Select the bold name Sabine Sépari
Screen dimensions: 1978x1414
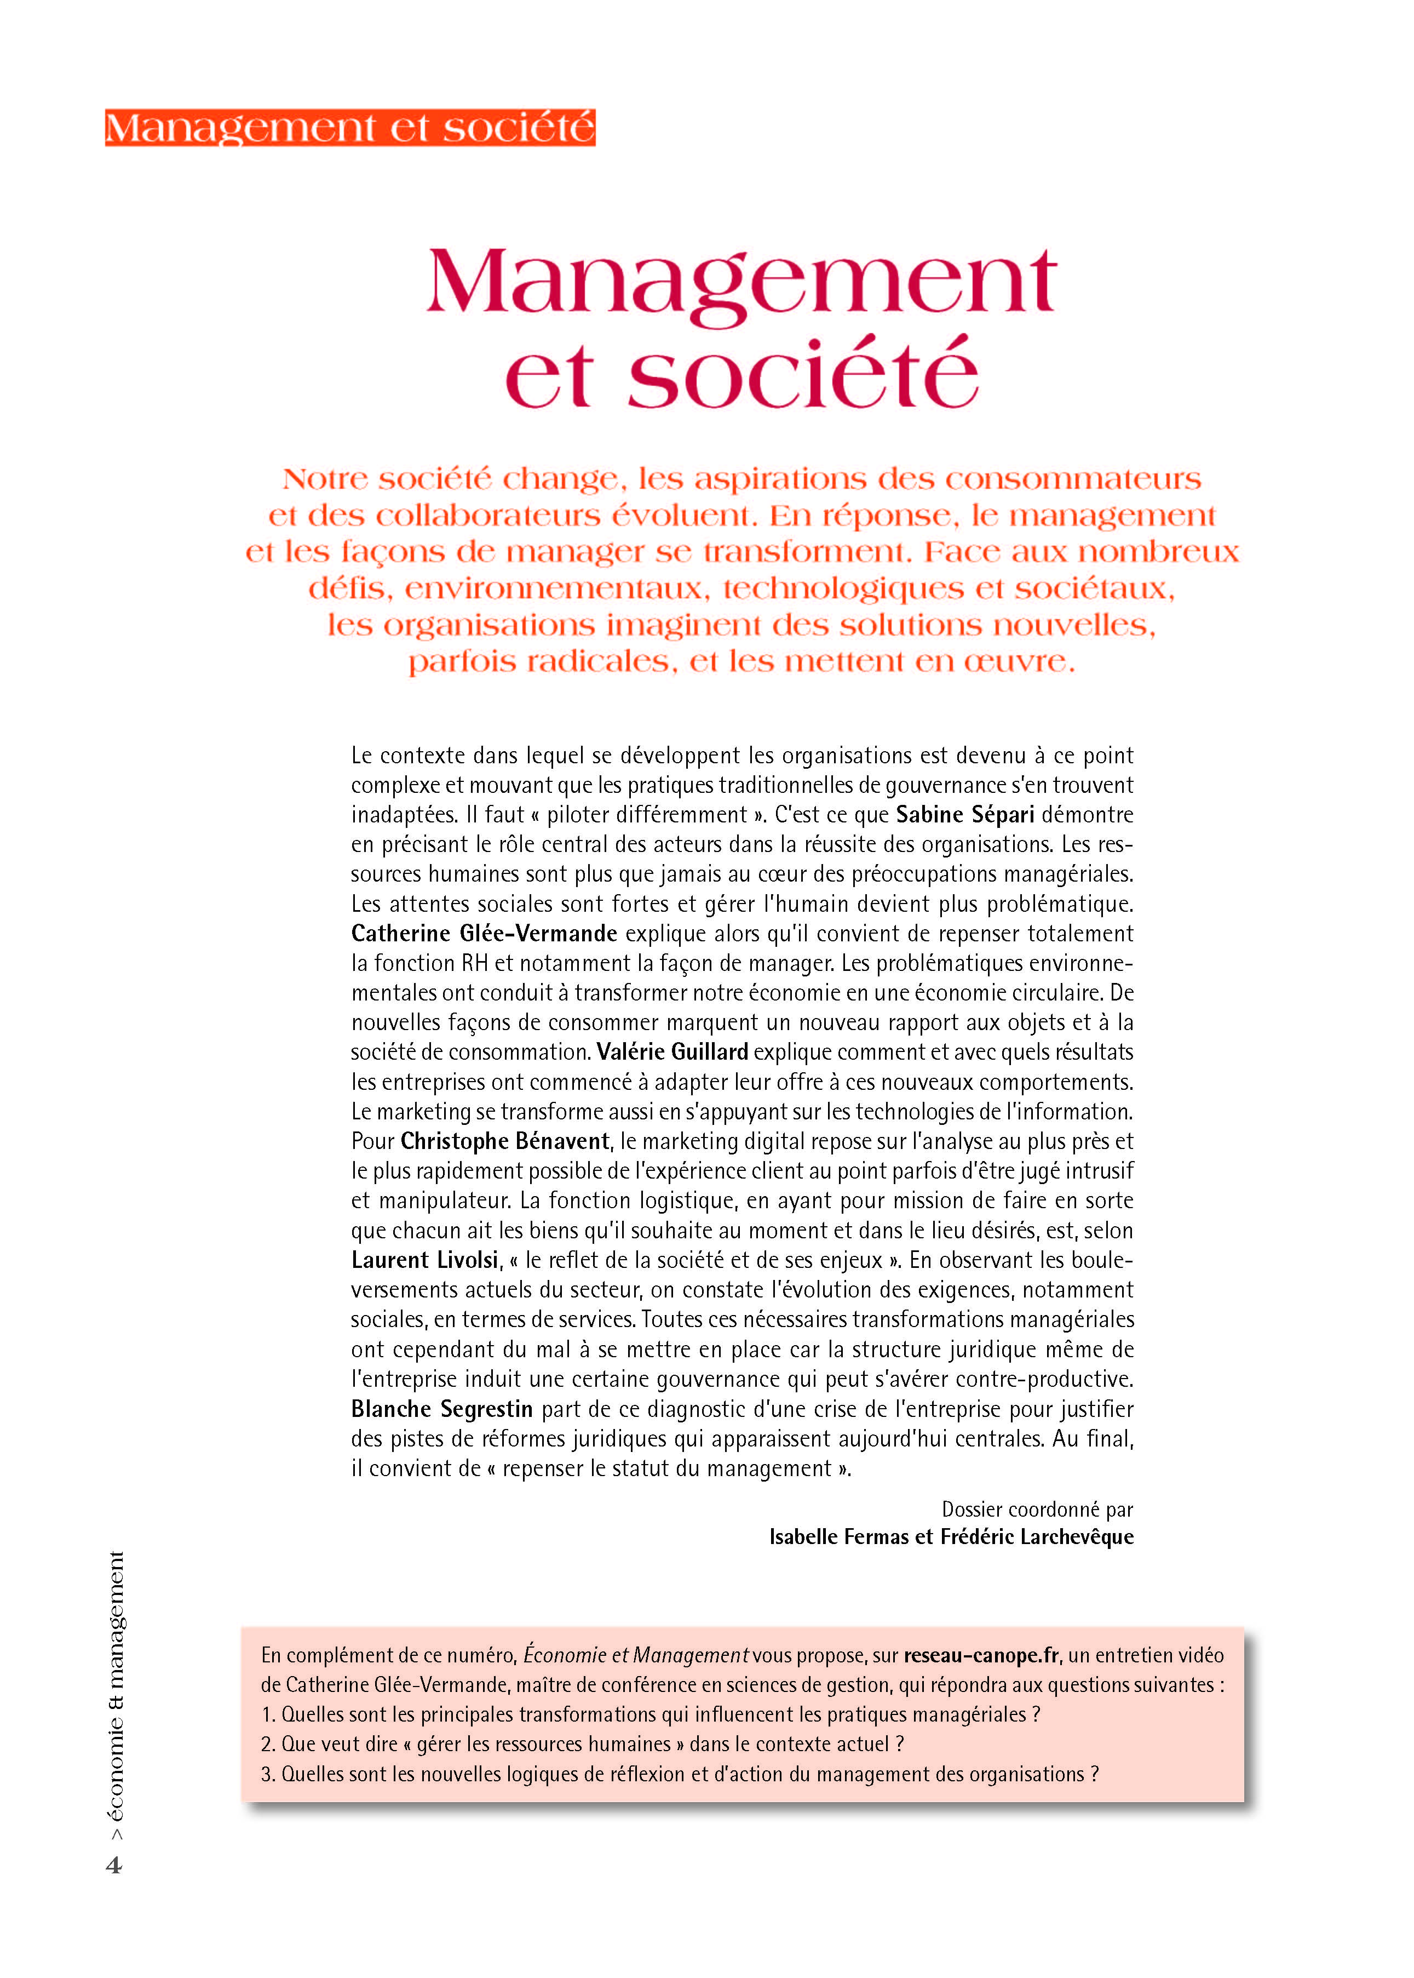965,814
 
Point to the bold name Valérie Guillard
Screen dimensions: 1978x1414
671,1051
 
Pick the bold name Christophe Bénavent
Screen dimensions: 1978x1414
505,1141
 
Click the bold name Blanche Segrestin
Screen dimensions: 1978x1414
441,1408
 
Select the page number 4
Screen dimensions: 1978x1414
114,1865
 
